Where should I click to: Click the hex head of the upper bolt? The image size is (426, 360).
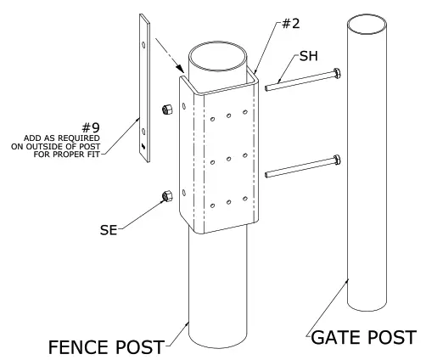click(338, 72)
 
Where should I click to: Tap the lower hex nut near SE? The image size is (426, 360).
click(165, 196)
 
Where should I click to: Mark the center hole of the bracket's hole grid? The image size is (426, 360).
click(227, 158)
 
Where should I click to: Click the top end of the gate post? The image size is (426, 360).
click(371, 21)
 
